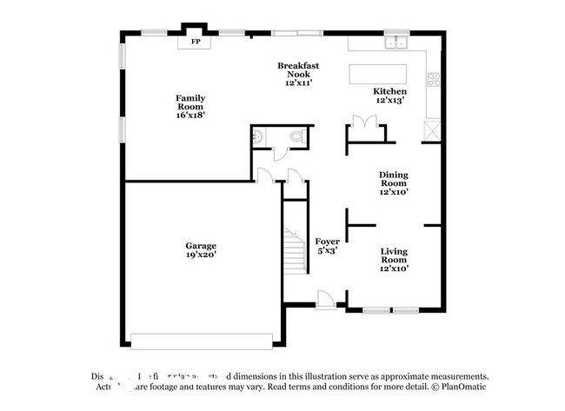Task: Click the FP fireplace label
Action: pyautogui.click(x=196, y=41)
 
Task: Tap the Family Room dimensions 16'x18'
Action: pyautogui.click(x=190, y=114)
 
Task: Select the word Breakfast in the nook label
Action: pyautogui.click(x=297, y=66)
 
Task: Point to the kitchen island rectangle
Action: pyautogui.click(x=379, y=72)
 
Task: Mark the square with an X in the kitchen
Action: pyautogui.click(x=431, y=129)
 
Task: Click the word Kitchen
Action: pyautogui.click(x=389, y=91)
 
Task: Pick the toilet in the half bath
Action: pyautogui.click(x=296, y=137)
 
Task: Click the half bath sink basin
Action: pyautogui.click(x=257, y=136)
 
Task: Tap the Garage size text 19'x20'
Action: pyautogui.click(x=201, y=255)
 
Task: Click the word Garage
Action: pyautogui.click(x=201, y=245)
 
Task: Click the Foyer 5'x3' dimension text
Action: pyautogui.click(x=327, y=250)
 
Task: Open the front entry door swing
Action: pyautogui.click(x=326, y=298)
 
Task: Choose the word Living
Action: pyautogui.click(x=394, y=251)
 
